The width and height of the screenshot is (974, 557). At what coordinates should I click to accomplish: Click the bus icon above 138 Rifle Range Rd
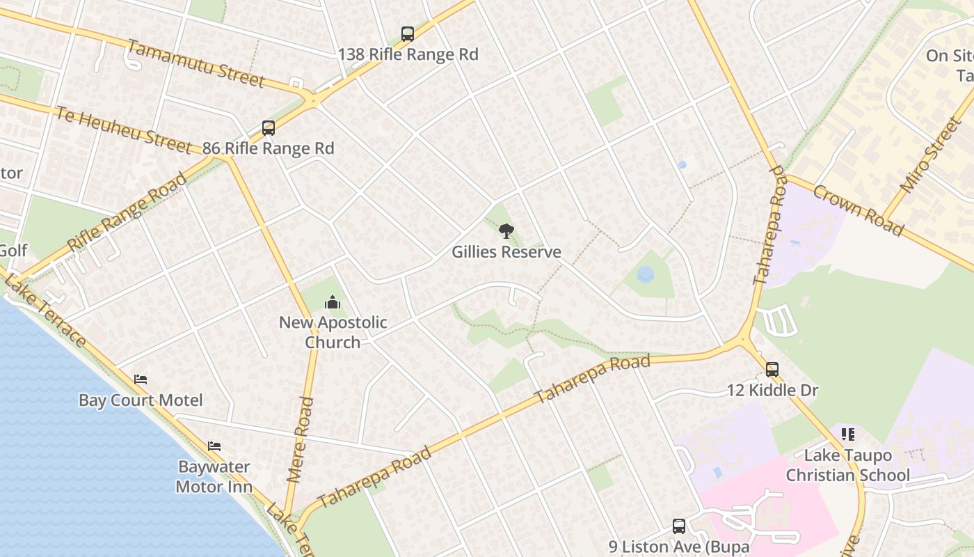point(408,34)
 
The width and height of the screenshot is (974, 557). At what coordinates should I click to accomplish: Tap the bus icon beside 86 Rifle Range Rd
point(269,128)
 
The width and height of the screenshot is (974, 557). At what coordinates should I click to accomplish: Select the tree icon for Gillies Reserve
point(506,231)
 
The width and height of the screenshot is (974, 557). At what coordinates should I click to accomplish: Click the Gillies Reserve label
point(506,252)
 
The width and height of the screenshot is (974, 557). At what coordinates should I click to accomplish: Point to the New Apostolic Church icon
point(333,303)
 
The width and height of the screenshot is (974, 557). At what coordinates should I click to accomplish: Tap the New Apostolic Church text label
point(333,332)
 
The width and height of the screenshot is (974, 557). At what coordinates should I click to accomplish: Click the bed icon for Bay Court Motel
point(141,379)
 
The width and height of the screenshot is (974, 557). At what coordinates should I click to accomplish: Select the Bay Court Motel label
point(141,400)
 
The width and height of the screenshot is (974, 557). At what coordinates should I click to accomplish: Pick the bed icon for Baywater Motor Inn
point(214,446)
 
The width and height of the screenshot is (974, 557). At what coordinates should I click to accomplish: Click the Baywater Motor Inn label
point(214,476)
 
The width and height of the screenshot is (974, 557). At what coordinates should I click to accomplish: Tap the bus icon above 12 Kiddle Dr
point(772,370)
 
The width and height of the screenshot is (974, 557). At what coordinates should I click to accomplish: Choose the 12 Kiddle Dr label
point(772,391)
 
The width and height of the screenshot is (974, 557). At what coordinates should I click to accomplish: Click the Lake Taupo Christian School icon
point(847,434)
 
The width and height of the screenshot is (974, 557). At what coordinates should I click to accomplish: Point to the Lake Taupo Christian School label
point(847,465)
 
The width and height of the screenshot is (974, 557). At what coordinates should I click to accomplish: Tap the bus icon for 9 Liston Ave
point(679,526)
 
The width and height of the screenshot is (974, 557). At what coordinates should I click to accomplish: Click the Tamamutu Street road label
point(196,63)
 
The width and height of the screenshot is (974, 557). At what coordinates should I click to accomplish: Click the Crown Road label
point(858,210)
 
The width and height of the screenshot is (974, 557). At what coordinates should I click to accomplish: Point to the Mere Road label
point(301,440)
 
